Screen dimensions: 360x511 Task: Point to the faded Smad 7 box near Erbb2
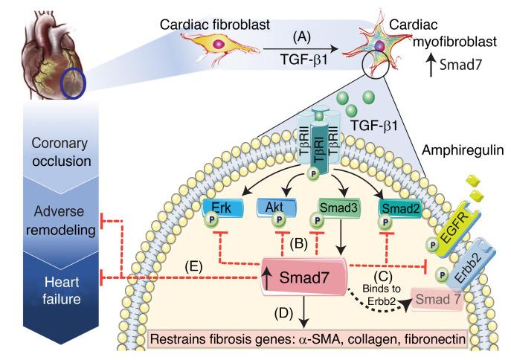point(433,300)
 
